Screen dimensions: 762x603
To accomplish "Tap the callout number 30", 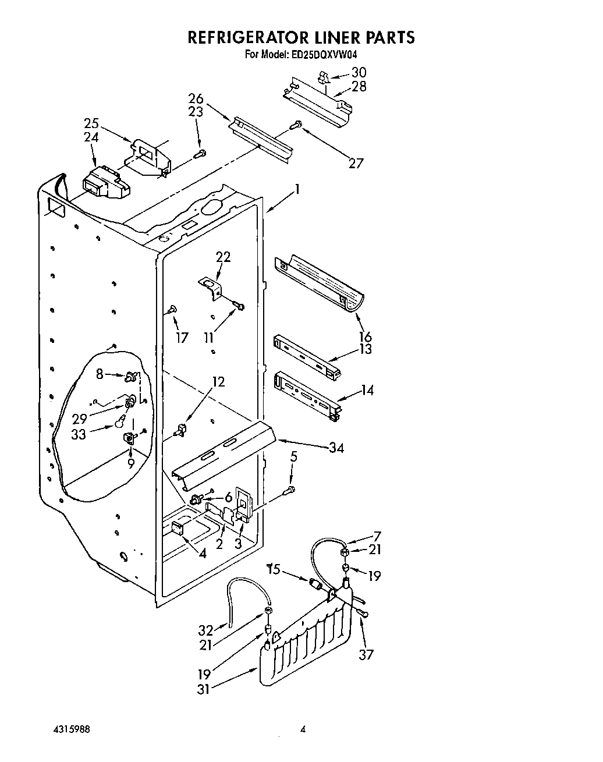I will [359, 73].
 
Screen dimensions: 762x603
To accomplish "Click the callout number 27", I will [355, 163].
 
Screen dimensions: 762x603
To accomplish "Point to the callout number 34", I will [335, 447].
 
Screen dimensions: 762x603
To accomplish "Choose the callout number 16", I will [365, 336].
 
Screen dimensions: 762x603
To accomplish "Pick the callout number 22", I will [223, 257].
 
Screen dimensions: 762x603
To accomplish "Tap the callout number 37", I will [366, 655].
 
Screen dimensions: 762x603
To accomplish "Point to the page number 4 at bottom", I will [303, 729].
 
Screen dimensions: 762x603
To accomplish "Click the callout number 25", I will [91, 123].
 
